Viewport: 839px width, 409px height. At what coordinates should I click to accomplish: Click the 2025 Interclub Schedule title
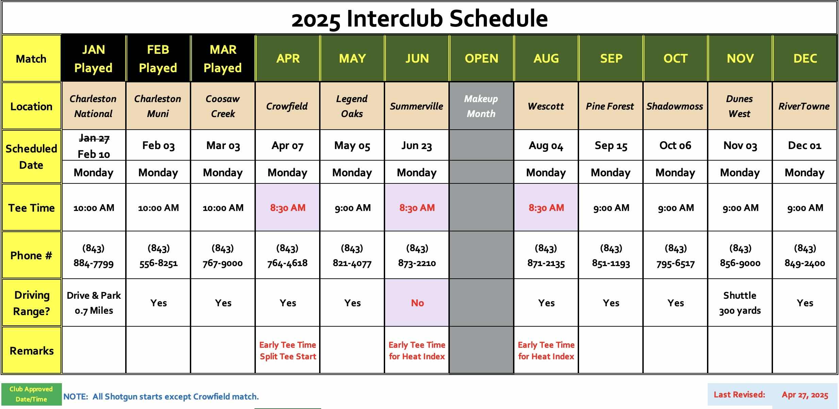419,18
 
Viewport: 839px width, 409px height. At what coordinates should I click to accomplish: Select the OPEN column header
481,59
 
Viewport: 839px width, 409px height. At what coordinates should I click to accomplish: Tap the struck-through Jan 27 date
94,138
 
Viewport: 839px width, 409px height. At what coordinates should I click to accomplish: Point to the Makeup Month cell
481,106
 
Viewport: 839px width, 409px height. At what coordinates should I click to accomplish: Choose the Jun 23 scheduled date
417,146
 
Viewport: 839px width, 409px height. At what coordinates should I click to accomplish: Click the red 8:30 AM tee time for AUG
546,208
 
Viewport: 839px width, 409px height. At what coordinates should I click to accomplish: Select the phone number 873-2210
417,263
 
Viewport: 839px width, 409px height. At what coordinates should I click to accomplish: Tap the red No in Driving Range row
417,303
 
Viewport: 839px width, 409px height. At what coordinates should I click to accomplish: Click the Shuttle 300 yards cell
740,303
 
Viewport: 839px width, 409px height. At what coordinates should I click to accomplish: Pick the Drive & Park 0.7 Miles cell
94,303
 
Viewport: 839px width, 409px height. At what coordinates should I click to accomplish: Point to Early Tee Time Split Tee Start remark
288,350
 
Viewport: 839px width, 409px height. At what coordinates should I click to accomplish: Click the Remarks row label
32,350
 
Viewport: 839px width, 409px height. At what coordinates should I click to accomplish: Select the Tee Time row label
32,208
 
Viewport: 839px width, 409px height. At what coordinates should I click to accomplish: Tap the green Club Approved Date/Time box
31,394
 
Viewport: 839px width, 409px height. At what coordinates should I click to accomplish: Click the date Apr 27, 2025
805,395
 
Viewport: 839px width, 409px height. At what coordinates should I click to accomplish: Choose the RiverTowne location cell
804,106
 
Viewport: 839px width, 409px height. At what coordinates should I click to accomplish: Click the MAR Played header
223,59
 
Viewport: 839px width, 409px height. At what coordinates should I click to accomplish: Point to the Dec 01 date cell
805,146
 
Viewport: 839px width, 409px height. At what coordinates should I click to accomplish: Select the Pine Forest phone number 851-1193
611,263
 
